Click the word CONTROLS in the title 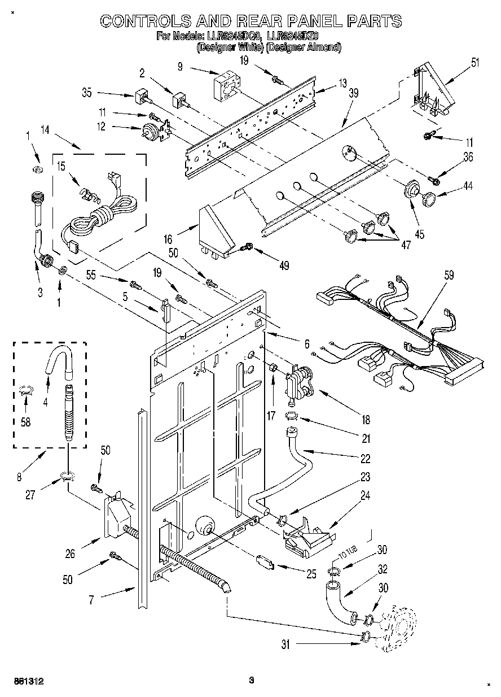(x=143, y=21)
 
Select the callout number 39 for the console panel (x=353, y=94)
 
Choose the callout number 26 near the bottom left (x=71, y=554)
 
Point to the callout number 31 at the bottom (x=286, y=643)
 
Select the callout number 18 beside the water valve (x=366, y=420)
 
